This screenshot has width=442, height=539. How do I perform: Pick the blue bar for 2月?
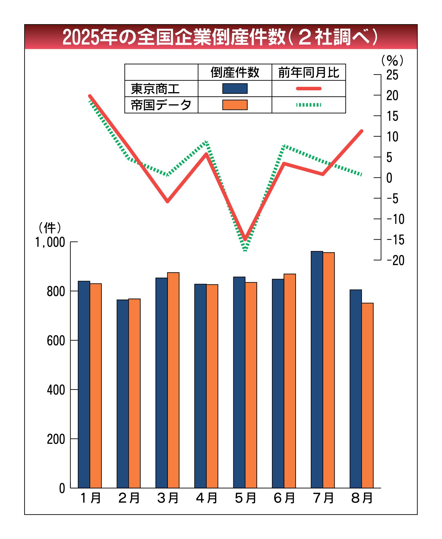[x=123, y=394]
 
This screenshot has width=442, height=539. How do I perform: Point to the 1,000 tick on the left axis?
[x=50, y=242]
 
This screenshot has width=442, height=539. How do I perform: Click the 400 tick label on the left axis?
[x=56, y=390]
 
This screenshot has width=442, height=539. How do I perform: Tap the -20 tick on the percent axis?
[x=395, y=260]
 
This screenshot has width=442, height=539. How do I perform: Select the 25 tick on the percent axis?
[x=392, y=75]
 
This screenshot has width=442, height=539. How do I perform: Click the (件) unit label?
[x=50, y=228]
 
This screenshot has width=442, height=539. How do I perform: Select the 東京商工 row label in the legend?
[x=155, y=89]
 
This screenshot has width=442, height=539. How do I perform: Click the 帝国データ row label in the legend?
[x=161, y=105]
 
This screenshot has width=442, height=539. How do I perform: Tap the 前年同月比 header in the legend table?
[x=309, y=73]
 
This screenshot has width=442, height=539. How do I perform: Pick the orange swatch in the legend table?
[x=235, y=105]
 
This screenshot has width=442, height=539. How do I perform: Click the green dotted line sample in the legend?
[x=309, y=105]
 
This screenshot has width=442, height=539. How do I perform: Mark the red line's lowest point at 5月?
[x=245, y=239]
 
